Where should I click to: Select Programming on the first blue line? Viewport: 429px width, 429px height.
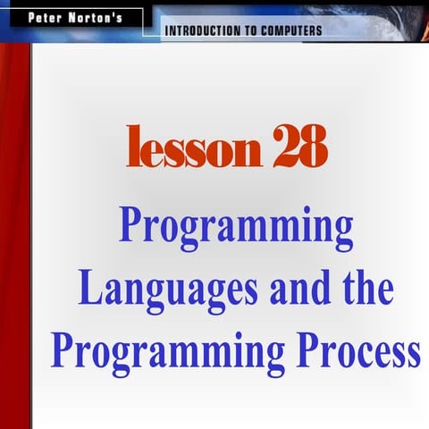pos(236,229)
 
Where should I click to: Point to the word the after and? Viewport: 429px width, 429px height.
pos(365,288)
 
